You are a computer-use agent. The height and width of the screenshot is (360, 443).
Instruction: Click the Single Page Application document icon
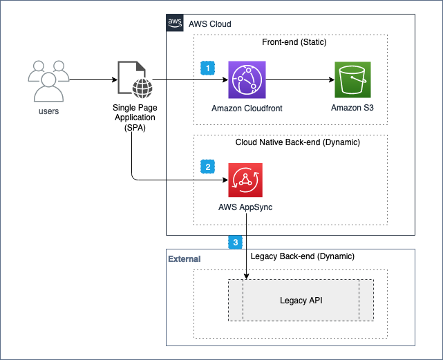(131, 80)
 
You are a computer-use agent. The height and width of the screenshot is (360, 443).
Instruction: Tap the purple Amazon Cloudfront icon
(247, 80)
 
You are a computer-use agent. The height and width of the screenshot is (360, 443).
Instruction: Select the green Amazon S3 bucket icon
(353, 80)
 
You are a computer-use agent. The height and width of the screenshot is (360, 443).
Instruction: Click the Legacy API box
(301, 301)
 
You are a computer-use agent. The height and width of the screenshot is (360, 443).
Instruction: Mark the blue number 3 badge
(236, 243)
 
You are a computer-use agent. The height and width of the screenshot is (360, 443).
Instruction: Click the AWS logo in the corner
(175, 23)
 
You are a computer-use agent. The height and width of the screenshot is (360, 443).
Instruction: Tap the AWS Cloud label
(209, 24)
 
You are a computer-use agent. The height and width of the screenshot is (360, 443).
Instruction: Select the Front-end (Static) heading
(294, 42)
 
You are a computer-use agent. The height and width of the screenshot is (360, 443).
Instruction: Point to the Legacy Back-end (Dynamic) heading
(302, 256)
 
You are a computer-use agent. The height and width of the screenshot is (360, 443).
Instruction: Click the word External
(185, 259)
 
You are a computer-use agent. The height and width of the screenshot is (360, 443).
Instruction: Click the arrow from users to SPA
(92, 80)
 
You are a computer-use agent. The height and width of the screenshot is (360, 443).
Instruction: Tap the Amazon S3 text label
(353, 108)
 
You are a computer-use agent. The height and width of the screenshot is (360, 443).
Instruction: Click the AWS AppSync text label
(247, 207)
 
